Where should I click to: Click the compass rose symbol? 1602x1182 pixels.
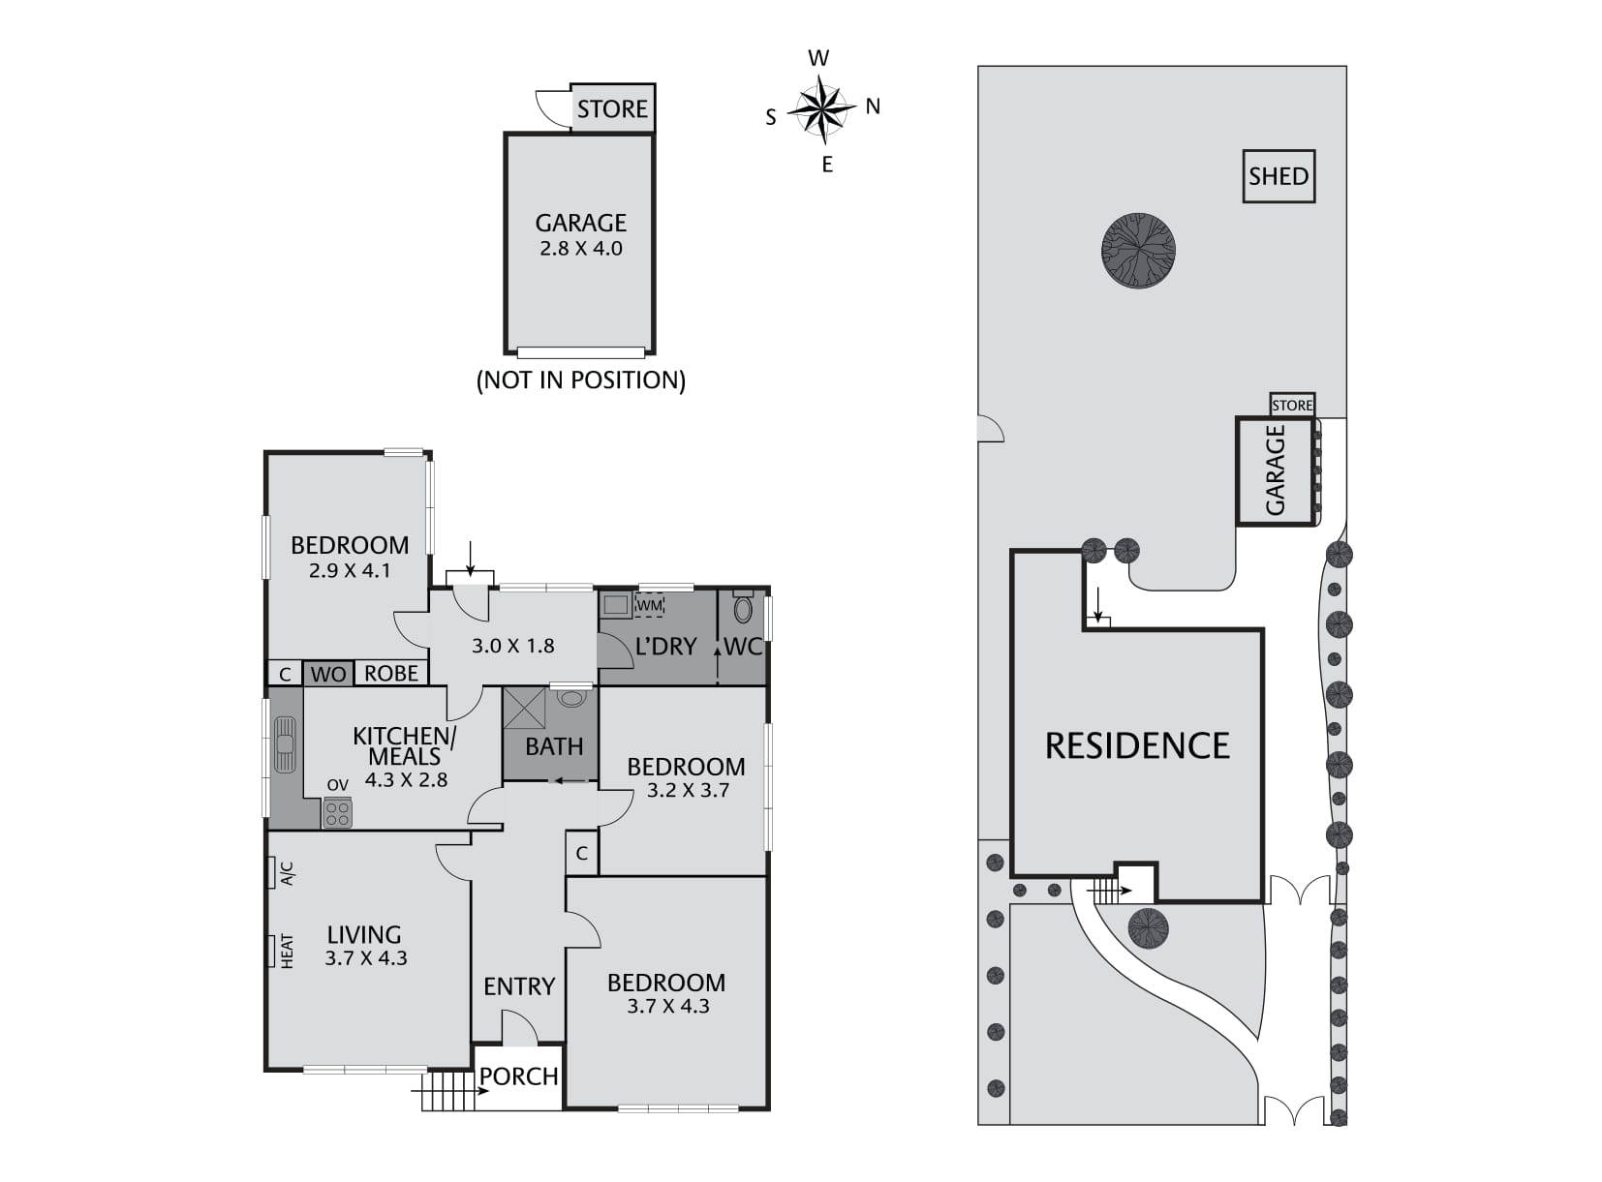[821, 108]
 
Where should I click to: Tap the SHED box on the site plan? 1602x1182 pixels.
[1279, 176]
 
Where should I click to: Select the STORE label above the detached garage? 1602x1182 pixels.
[612, 108]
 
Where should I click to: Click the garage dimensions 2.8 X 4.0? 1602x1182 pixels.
[580, 249]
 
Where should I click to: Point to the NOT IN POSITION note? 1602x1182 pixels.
[580, 379]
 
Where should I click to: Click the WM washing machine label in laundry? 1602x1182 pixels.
[649, 606]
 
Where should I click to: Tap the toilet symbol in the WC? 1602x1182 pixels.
[744, 609]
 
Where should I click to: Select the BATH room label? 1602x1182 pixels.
[554, 746]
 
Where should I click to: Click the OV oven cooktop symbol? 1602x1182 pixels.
[337, 811]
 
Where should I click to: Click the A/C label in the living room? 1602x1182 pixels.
[287, 874]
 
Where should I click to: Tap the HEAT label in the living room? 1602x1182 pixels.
[287, 950]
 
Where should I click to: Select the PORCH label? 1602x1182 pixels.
[519, 1076]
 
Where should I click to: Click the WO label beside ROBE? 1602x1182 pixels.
[328, 675]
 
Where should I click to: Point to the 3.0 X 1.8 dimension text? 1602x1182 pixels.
[512, 646]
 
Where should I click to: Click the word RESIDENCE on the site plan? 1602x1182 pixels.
[1137, 745]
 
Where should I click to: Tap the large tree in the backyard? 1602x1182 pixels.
[1138, 250]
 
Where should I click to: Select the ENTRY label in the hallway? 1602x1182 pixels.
[519, 986]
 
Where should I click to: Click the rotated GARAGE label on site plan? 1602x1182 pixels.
[1276, 470]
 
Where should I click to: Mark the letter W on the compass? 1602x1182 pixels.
[818, 59]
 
